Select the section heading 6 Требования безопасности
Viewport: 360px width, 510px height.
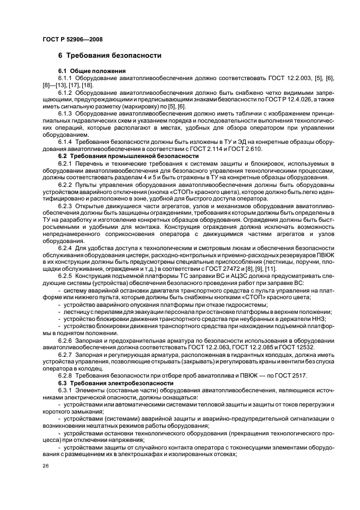109,56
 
